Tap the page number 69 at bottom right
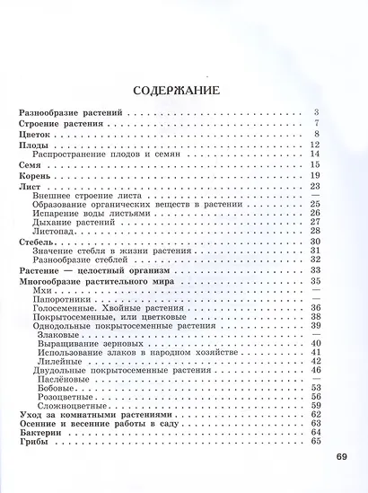click(x=341, y=457)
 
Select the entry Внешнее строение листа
click(x=82, y=195)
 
